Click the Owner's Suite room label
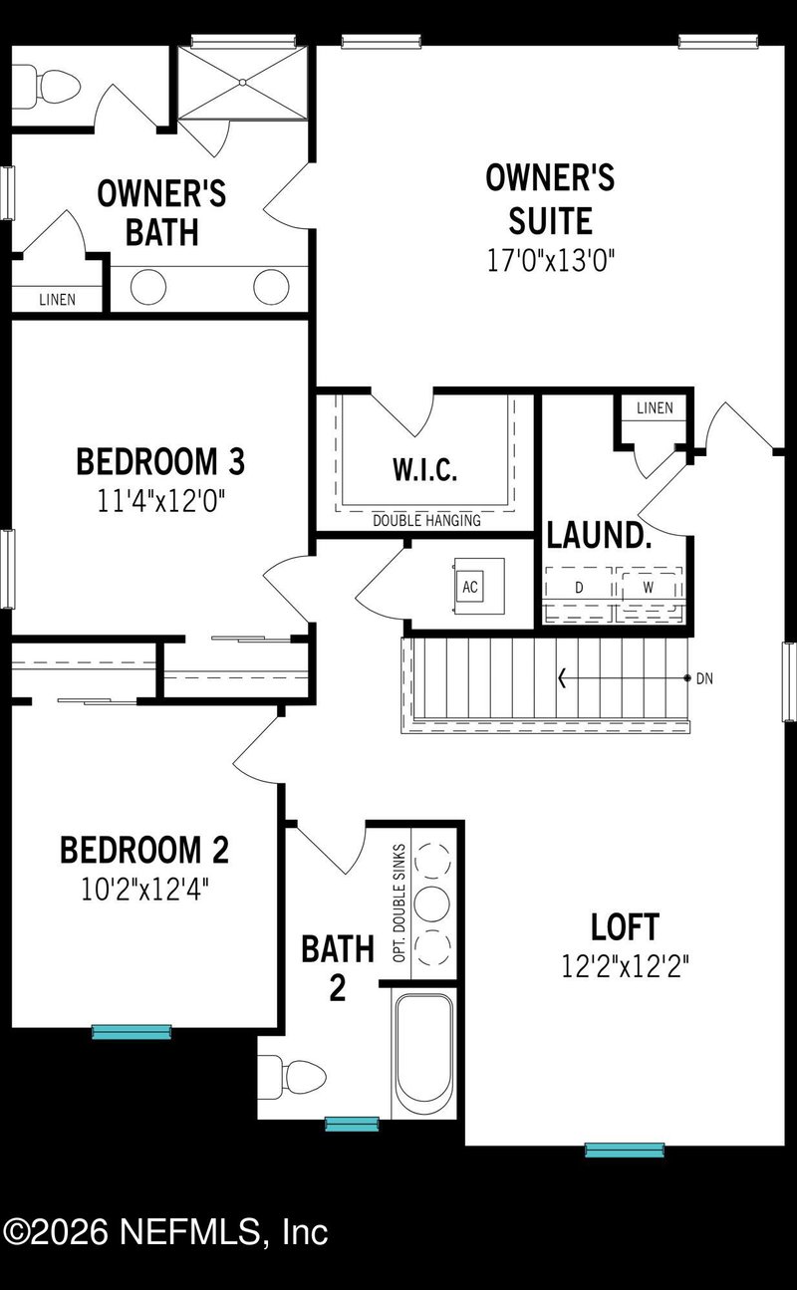tap(550, 199)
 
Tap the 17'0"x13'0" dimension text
tap(550, 261)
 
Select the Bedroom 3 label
tap(160, 462)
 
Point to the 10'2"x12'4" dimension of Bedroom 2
tap(145, 887)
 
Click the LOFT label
tap(625, 927)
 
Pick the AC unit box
tap(470, 587)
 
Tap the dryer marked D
tap(579, 588)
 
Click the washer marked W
tap(648, 588)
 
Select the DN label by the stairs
tap(705, 678)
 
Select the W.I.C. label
tap(425, 470)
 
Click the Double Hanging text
tap(426, 520)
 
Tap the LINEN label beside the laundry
tap(655, 408)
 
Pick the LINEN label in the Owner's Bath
tap(57, 299)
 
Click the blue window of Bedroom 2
tap(132, 1032)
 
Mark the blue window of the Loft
tap(625, 1150)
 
